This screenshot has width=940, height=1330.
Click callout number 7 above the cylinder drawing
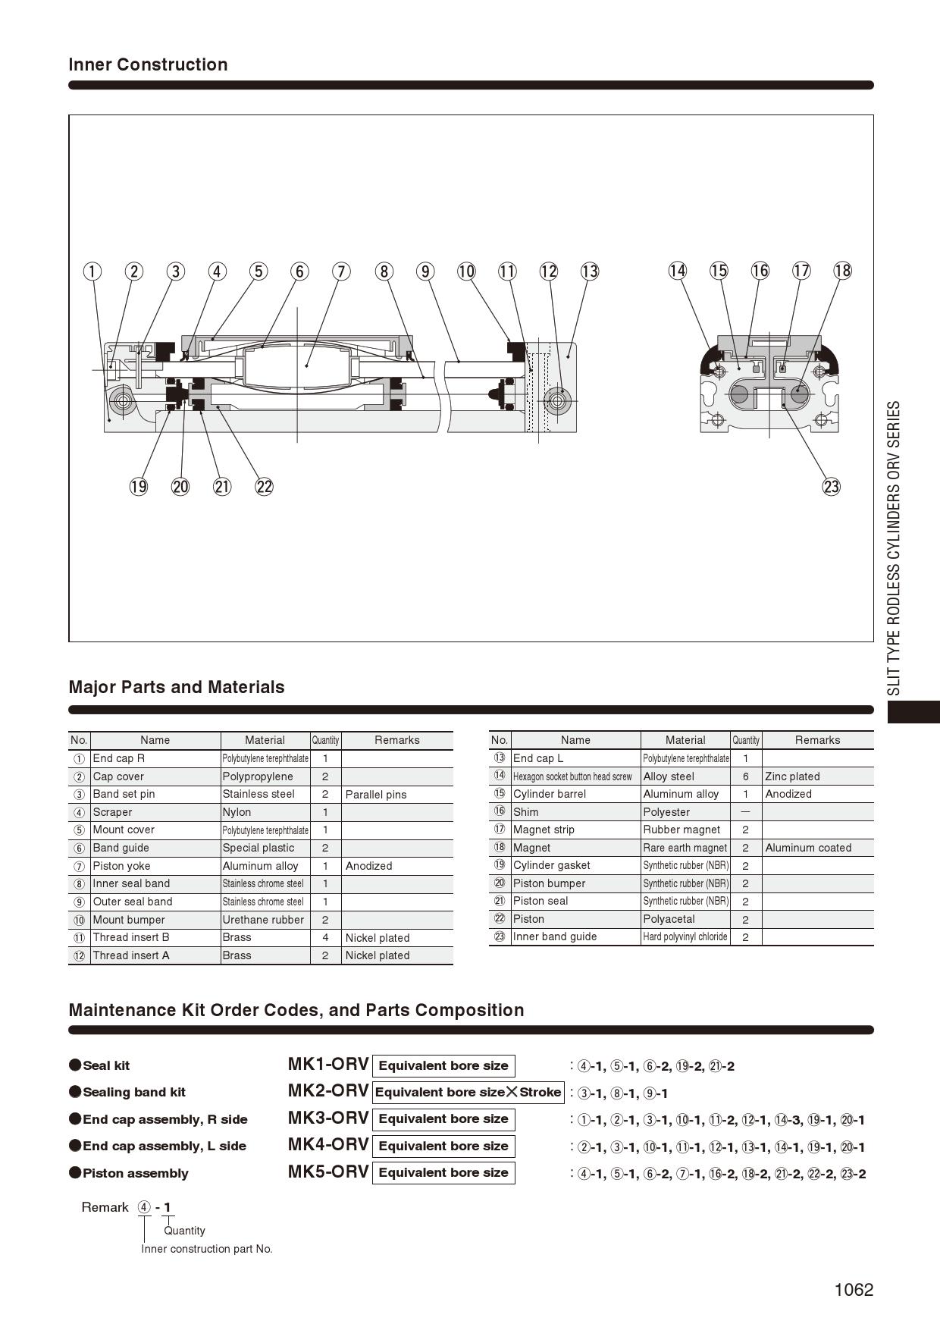click(342, 271)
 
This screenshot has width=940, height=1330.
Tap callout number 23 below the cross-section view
click(832, 487)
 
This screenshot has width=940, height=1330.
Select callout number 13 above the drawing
click(590, 271)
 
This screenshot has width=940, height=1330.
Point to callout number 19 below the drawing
click(139, 487)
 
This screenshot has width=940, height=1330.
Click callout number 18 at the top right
click(842, 271)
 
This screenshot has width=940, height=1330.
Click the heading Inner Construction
click(148, 64)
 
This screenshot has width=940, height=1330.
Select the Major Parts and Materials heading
click(177, 687)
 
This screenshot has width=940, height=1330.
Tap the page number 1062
click(854, 1290)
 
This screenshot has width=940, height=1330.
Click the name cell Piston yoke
click(121, 866)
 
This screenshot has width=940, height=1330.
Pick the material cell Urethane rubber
click(263, 920)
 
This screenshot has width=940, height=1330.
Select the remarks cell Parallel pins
click(376, 795)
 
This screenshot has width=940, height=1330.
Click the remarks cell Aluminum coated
click(808, 848)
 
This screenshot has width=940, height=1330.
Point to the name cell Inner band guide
click(555, 936)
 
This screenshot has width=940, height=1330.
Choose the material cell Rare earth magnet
click(685, 848)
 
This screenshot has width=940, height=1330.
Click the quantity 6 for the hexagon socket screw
click(746, 776)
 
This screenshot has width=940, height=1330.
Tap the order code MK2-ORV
click(328, 1091)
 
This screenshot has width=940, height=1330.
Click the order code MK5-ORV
click(328, 1172)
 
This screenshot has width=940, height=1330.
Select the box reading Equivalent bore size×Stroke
click(468, 1093)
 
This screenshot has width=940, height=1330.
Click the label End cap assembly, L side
click(164, 1146)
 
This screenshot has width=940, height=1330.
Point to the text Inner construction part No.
click(207, 1249)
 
